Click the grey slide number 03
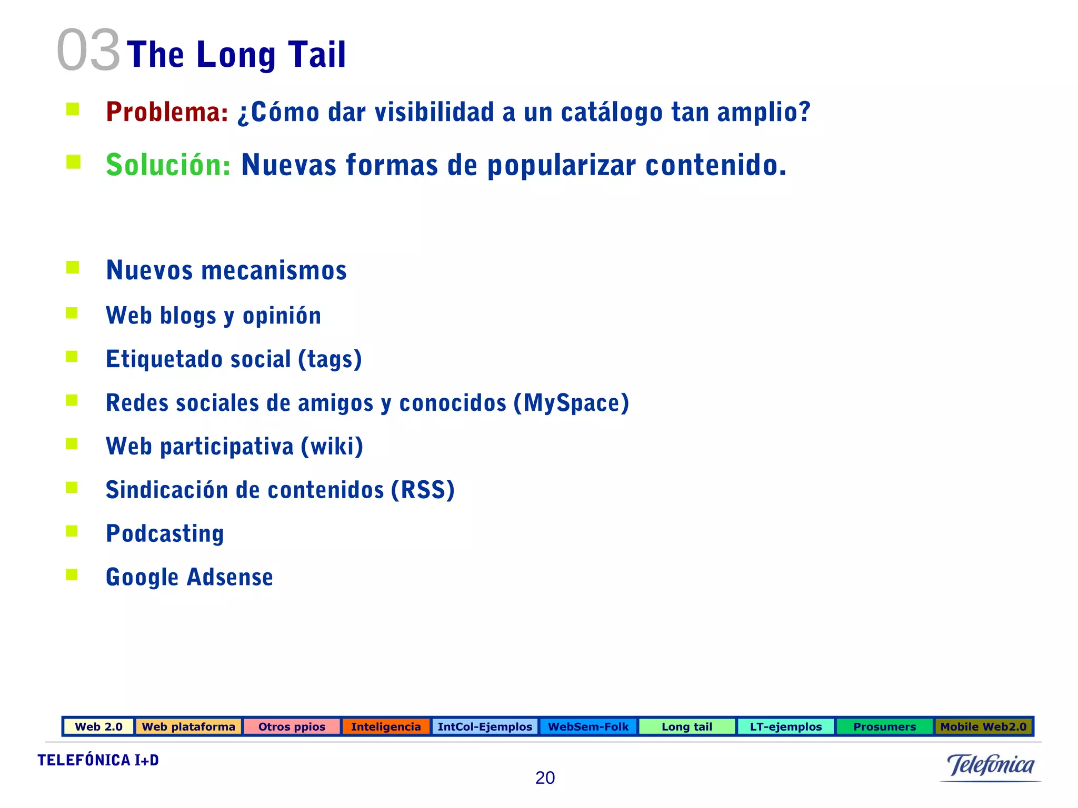point(88,50)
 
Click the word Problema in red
point(166,112)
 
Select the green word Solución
point(167,165)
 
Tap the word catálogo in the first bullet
point(611,113)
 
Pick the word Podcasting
point(165,534)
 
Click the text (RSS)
point(422,490)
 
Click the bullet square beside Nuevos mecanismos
point(73,268)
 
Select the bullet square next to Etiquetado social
point(72,357)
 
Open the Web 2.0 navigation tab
point(98,726)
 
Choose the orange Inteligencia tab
point(386,726)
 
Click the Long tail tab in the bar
point(686,726)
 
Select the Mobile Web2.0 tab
point(983,726)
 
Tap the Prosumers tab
point(884,726)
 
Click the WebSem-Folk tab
point(588,726)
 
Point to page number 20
point(545,777)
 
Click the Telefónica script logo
point(990,765)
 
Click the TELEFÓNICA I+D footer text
point(98,760)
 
